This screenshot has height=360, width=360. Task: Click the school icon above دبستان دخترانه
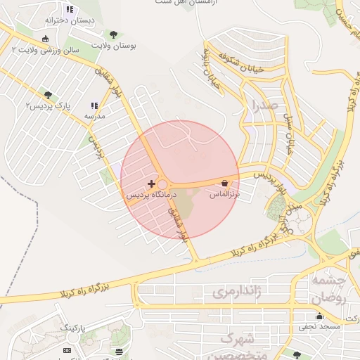(69, 9)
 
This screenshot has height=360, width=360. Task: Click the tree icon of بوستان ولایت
(114, 34)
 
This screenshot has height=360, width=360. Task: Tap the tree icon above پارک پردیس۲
(48, 95)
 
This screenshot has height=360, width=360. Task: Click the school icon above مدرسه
(94, 105)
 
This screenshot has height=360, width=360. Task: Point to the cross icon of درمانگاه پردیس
(151, 183)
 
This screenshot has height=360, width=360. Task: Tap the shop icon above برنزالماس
(224, 183)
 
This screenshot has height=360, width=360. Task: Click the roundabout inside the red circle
(162, 184)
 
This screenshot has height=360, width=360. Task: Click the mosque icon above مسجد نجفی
(320, 316)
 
